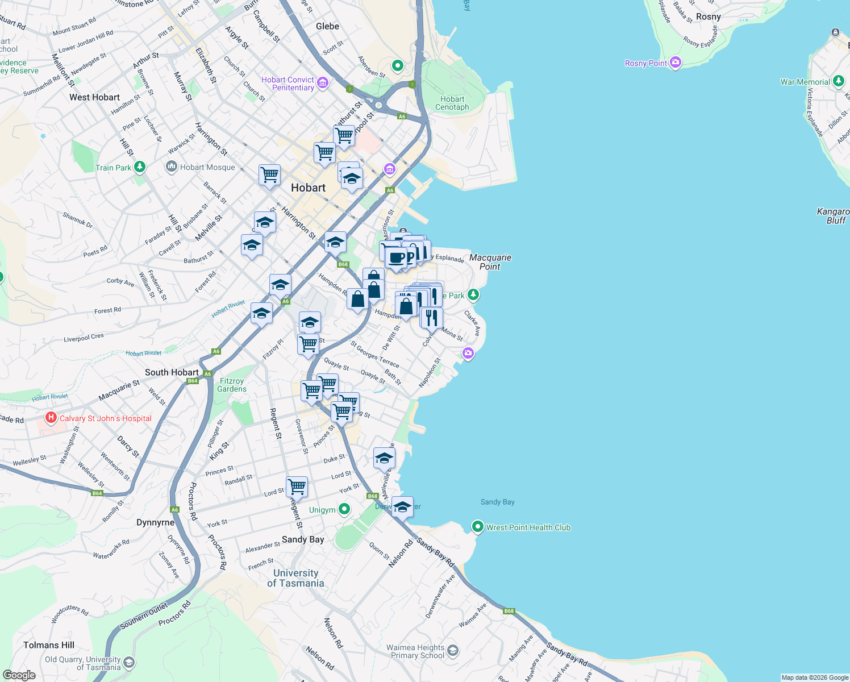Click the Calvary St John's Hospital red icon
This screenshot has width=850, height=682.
point(51,418)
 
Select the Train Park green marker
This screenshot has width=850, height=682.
point(140,167)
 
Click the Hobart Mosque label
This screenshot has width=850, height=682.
point(207,167)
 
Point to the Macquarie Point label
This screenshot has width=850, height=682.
point(490,262)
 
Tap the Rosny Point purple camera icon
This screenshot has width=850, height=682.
point(676,63)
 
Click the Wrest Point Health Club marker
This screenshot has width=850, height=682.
point(478,527)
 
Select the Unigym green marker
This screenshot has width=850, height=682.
point(344,509)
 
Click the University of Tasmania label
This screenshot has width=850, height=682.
point(295,578)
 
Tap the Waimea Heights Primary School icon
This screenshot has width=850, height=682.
point(453,651)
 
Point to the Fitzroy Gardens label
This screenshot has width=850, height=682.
point(232,385)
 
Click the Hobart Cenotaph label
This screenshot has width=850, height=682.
point(452,103)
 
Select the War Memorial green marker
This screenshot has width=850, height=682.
point(839,81)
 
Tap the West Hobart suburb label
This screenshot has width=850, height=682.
point(94,97)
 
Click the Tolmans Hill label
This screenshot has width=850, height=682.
point(49,645)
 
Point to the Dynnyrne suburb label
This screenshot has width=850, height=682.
point(155,522)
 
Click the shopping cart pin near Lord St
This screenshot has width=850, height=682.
point(297,487)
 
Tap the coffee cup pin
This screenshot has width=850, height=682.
point(396,258)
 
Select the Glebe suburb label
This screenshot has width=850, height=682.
point(327,26)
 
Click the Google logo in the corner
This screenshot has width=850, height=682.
point(19,675)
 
